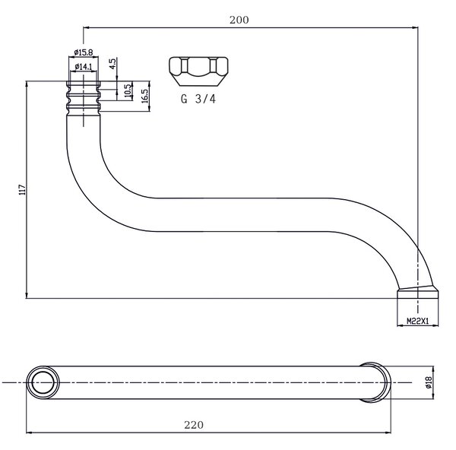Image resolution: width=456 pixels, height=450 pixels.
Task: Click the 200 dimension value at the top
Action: pos(239,20)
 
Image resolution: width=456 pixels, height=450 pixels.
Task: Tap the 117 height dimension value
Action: pos(22,190)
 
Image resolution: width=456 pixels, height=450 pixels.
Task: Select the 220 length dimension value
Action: pos(194,425)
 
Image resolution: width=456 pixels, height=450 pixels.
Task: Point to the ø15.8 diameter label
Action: pos(84,52)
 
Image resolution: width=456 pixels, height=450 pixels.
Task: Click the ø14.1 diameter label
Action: pos(84,67)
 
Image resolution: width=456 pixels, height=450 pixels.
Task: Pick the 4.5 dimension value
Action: pos(112,63)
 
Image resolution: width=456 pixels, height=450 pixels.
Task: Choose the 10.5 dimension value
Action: pos(128,90)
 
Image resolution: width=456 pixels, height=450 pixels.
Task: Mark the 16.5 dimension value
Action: pos(144,96)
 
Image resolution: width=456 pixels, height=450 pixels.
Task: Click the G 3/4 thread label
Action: pos(198,99)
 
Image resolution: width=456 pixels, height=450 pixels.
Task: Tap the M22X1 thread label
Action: pos(417,321)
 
